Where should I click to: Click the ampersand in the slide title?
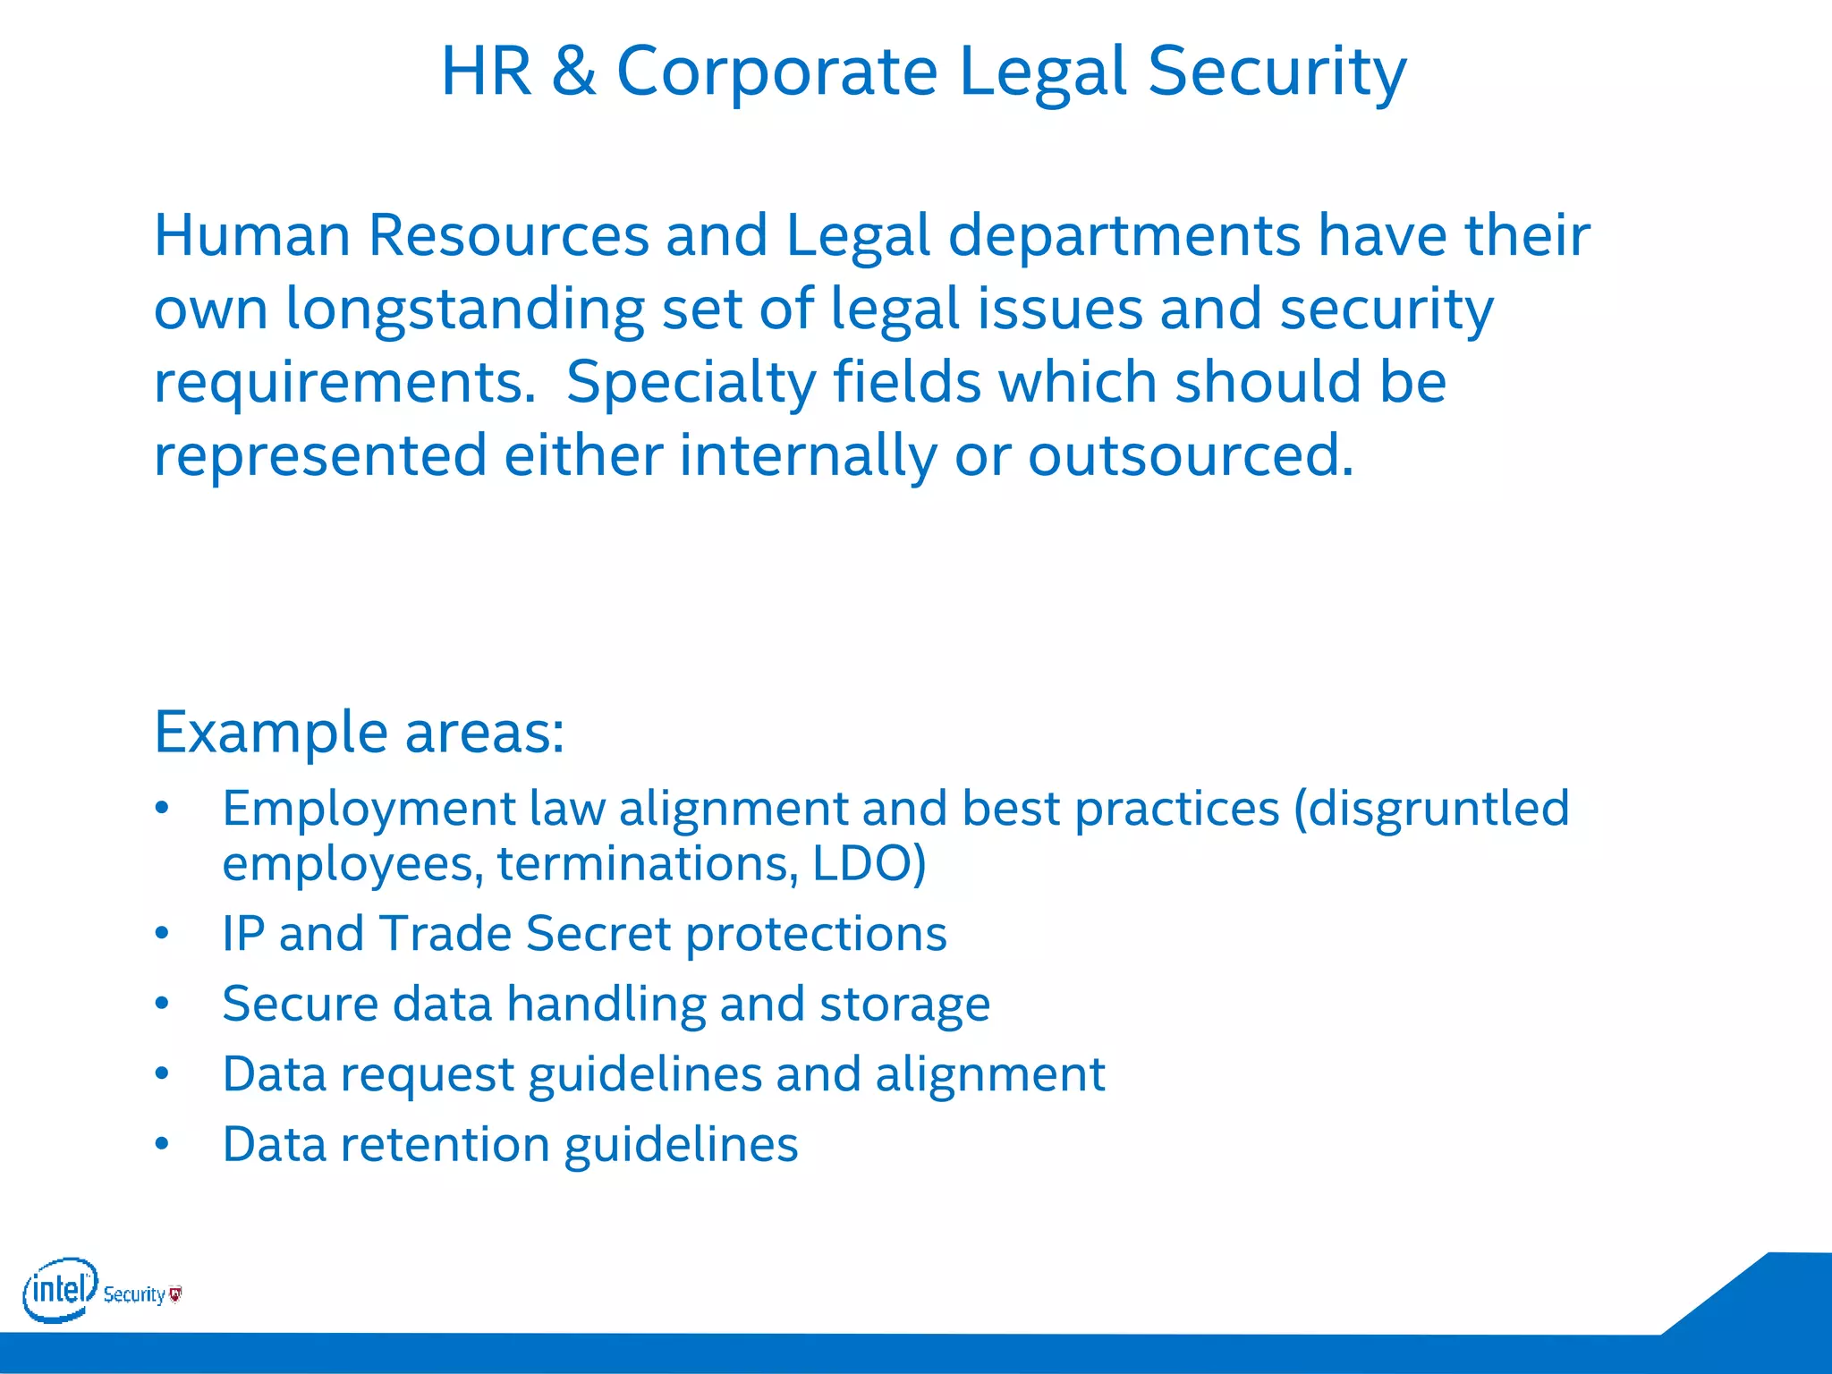click(x=573, y=72)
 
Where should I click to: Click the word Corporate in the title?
click(x=776, y=72)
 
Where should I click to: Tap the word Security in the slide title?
click(x=1276, y=72)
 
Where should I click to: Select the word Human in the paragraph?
click(x=251, y=236)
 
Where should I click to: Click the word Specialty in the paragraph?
click(x=691, y=383)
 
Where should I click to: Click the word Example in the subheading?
click(x=271, y=733)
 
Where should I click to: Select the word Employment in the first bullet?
click(x=369, y=809)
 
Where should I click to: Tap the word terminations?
click(x=646, y=864)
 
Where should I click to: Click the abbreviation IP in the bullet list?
click(x=243, y=934)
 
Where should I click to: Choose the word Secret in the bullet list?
click(x=598, y=934)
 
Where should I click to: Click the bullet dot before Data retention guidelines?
click(x=162, y=1144)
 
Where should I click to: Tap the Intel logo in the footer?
click(x=59, y=1290)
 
